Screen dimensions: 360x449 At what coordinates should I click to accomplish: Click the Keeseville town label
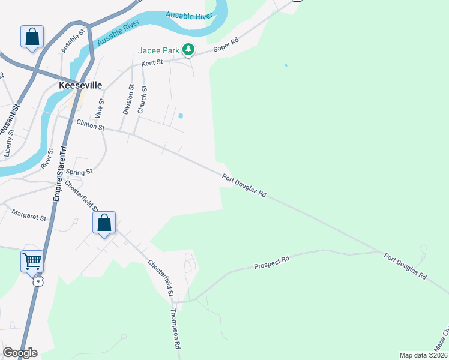click(x=81, y=85)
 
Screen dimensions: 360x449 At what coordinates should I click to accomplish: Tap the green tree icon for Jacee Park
click(x=188, y=50)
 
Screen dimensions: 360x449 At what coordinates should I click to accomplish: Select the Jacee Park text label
click(x=158, y=50)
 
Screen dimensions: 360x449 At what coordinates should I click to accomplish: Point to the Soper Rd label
click(x=227, y=44)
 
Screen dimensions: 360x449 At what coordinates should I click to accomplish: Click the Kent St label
click(x=152, y=62)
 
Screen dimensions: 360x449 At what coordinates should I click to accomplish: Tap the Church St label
click(x=142, y=99)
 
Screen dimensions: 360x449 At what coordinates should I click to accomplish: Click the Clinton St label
click(x=91, y=125)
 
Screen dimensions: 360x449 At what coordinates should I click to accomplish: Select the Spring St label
click(x=80, y=172)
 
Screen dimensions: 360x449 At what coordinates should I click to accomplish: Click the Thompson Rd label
click(x=175, y=329)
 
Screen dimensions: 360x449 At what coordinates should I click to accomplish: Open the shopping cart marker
click(x=32, y=262)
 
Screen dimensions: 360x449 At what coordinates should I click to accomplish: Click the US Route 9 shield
click(x=38, y=280)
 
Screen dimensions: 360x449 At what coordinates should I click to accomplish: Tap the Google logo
click(x=20, y=353)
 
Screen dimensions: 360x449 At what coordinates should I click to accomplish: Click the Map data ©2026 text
click(x=423, y=355)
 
